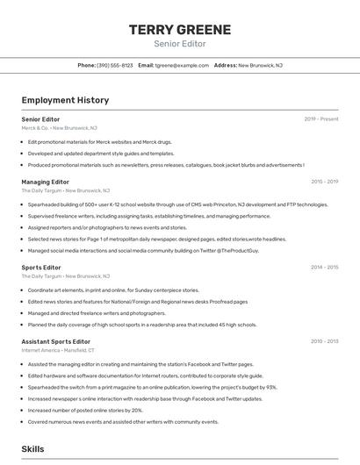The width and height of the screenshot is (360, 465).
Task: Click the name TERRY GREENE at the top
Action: pos(180,30)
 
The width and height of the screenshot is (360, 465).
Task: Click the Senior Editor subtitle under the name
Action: pos(180,43)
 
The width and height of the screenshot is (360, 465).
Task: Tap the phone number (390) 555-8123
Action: pos(114,65)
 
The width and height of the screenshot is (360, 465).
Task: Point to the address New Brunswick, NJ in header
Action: pos(260,65)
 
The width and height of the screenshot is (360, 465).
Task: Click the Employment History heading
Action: pos(65,100)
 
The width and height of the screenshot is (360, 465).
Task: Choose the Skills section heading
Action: pos(32,448)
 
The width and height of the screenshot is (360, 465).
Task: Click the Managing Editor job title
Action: pos(45,182)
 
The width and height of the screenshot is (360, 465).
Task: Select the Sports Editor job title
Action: pos(41,267)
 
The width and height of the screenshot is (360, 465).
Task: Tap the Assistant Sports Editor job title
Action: pos(55,340)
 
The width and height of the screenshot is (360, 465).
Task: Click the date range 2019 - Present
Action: pos(321,118)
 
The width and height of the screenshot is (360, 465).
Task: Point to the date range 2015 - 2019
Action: pos(324,182)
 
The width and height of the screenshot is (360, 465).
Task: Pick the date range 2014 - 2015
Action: pos(324,267)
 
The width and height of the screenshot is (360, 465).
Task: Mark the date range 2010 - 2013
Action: pos(324,340)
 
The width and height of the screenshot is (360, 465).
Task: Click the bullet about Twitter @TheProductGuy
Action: pos(143,250)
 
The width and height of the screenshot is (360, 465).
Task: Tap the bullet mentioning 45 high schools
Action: pos(142,325)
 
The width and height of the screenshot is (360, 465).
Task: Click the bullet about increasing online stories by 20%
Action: pos(85,410)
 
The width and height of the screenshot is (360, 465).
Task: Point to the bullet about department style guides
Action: pos(101,153)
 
